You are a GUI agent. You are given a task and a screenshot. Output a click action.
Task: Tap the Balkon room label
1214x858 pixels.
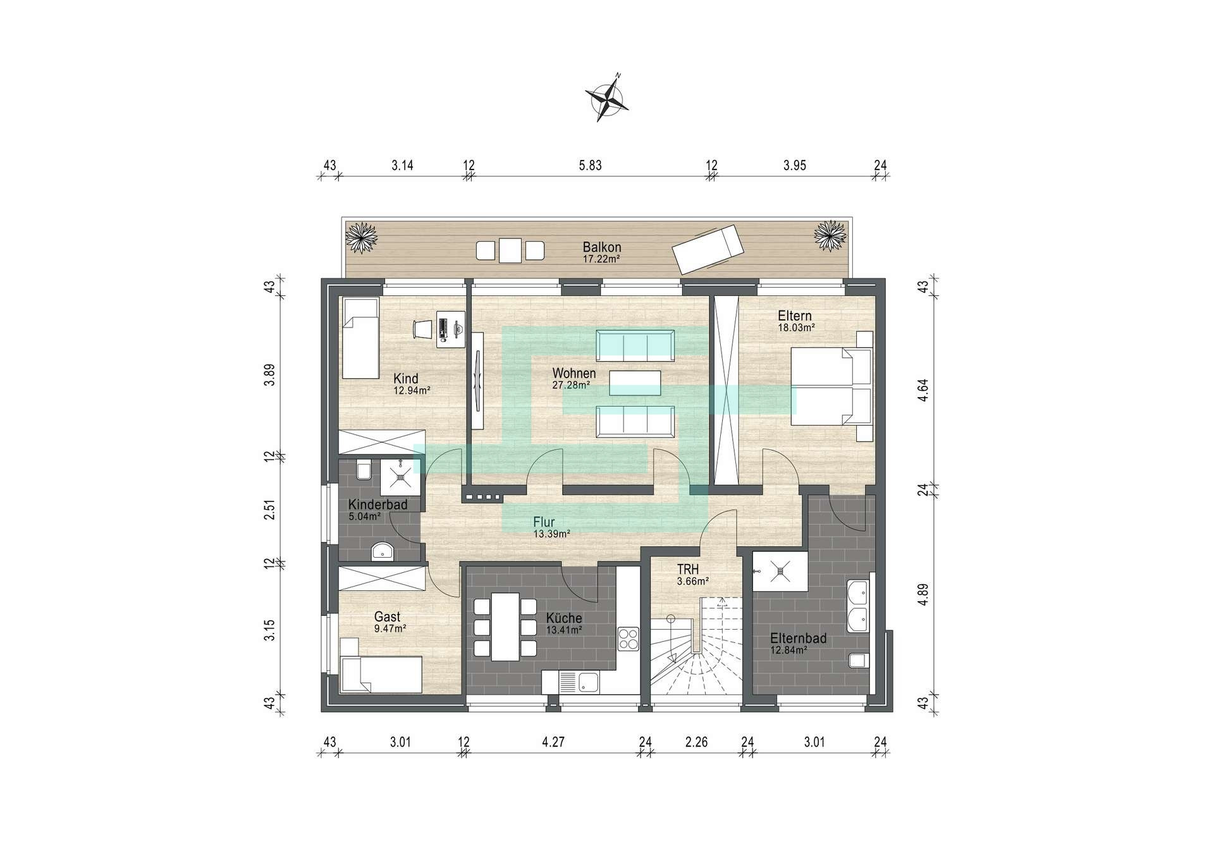click(602, 247)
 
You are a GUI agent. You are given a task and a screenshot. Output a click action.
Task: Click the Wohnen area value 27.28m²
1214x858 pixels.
click(571, 385)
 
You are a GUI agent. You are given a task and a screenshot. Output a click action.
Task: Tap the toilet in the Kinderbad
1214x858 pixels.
click(364, 471)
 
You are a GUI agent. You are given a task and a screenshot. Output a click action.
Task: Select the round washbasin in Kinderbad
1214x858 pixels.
click(383, 551)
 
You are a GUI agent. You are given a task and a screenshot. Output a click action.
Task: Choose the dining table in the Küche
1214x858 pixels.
click(505, 626)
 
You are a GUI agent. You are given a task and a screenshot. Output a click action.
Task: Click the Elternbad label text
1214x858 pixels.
click(798, 639)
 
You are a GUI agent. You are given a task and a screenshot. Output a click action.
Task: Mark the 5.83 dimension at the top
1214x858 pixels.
click(590, 166)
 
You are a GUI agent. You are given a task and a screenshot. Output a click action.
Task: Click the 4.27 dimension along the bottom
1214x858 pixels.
click(553, 742)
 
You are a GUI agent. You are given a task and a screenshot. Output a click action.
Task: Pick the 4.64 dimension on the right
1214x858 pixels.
click(925, 385)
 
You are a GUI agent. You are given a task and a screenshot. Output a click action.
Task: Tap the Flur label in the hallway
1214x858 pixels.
click(544, 522)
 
